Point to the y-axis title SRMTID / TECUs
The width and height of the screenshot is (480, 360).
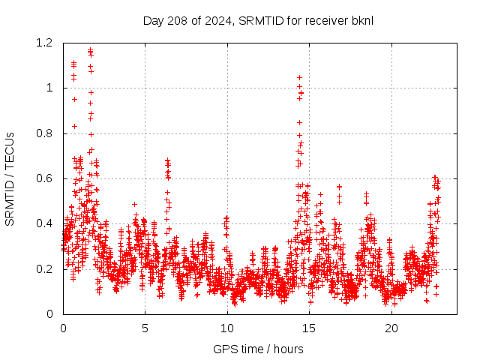click(10, 178)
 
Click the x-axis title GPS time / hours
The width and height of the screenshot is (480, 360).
click(258, 349)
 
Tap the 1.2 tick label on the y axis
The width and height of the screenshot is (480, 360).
click(45, 43)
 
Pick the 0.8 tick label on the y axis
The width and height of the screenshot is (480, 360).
click(45, 133)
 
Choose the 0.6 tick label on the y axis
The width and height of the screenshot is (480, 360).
click(45, 178)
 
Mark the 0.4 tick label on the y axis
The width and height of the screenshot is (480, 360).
click(45, 223)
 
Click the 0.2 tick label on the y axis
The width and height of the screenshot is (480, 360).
click(45, 268)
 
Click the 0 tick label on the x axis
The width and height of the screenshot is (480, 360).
click(63, 328)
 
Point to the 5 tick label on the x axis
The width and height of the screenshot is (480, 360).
click(145, 328)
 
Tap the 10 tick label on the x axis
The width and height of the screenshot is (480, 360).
click(227, 328)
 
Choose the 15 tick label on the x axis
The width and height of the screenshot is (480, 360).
click(309, 328)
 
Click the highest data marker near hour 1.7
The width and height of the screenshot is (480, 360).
click(90, 50)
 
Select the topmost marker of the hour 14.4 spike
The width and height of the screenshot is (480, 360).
click(299, 77)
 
